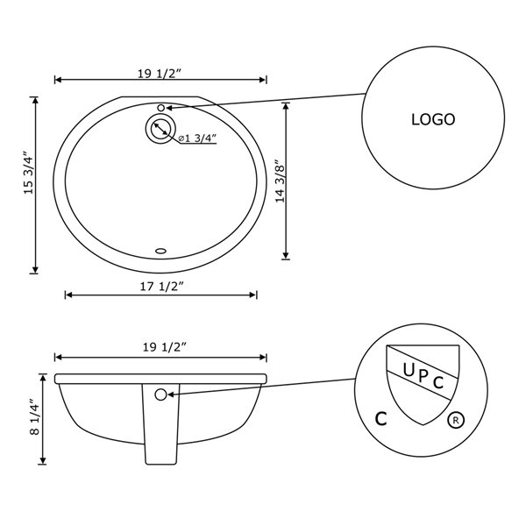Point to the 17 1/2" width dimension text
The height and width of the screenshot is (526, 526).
coord(161,286)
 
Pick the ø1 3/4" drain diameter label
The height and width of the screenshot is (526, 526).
coord(197,138)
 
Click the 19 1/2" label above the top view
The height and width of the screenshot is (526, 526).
coord(160,74)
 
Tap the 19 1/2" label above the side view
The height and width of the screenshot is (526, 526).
coord(160,347)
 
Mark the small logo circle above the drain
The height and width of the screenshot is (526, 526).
coord(160,108)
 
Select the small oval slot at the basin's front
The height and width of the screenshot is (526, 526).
coord(160,252)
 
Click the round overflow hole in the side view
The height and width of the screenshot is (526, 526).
coord(160,394)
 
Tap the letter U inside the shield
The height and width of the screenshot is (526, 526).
coord(409,369)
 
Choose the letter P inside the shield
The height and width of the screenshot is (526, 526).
coord(424,377)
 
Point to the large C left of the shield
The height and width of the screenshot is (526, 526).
coord(381,419)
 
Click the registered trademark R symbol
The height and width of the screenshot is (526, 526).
coord(455,420)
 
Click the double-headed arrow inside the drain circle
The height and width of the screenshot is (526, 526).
coord(160,130)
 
